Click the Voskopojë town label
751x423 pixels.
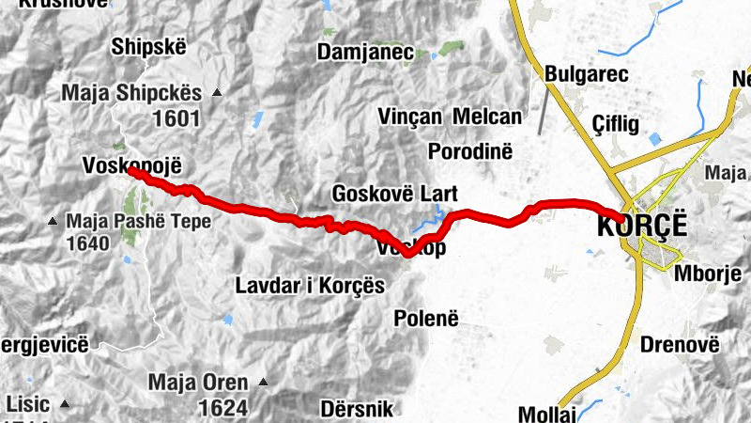tap(130, 165)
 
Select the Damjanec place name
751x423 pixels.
tap(366, 52)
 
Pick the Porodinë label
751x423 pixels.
tap(467, 150)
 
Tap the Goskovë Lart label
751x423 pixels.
tap(394, 194)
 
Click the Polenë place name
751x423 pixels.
tap(425, 317)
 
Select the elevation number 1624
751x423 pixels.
tap(223, 408)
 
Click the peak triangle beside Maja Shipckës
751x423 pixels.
tap(218, 93)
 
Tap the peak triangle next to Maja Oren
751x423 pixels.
tap(263, 383)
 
